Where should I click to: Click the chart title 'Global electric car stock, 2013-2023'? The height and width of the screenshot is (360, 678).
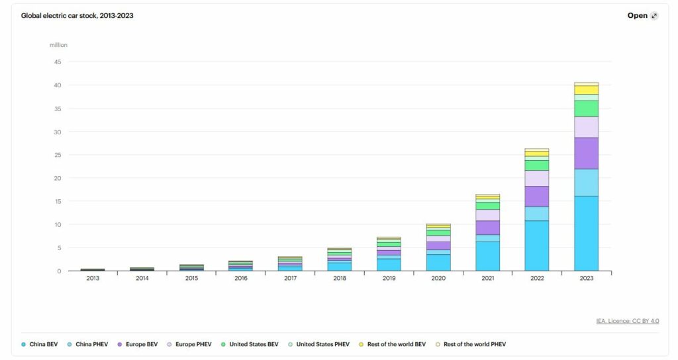pyautogui.click(x=77, y=15)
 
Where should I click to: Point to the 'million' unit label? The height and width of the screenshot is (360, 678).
pyautogui.click(x=58, y=45)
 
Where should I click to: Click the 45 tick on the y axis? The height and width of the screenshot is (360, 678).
pyautogui.click(x=58, y=62)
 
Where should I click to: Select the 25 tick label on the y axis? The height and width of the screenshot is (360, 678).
pyautogui.click(x=58, y=155)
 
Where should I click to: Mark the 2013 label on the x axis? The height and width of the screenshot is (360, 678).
pyautogui.click(x=93, y=279)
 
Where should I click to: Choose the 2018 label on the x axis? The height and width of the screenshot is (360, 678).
pyautogui.click(x=340, y=279)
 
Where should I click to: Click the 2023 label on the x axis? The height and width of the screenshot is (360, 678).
pyautogui.click(x=586, y=279)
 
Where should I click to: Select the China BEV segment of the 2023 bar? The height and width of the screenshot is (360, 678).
pyautogui.click(x=586, y=233)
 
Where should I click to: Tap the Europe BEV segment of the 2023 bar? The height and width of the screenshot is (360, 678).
pyautogui.click(x=586, y=153)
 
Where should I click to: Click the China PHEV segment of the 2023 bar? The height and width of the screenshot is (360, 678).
pyautogui.click(x=586, y=182)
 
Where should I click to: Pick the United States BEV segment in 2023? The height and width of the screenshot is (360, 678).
pyautogui.click(x=586, y=109)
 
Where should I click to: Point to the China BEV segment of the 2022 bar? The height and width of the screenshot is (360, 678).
pyautogui.click(x=537, y=246)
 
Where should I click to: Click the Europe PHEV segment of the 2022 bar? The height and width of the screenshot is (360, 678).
pyautogui.click(x=537, y=178)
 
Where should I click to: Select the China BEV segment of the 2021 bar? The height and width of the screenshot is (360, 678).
pyautogui.click(x=487, y=256)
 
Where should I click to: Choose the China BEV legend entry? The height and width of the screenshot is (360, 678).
pyautogui.click(x=41, y=344)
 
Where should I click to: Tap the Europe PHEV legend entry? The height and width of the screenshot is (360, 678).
pyautogui.click(x=191, y=344)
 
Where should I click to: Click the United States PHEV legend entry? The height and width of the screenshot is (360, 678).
pyautogui.click(x=322, y=344)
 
